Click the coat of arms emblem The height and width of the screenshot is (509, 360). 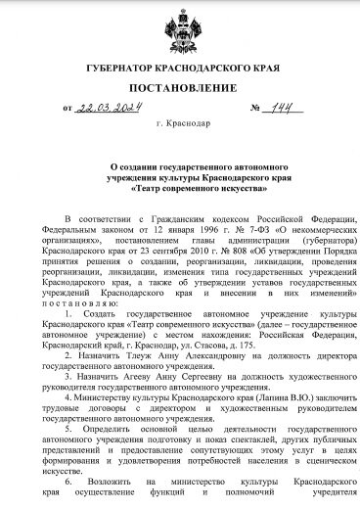179,30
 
